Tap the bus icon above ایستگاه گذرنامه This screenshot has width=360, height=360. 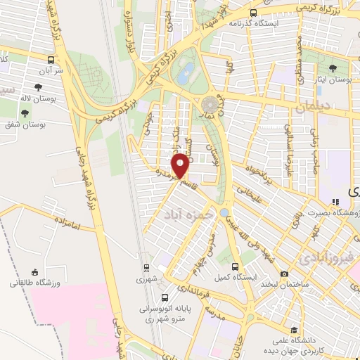(253, 12)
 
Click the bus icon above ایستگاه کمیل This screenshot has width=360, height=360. (236, 266)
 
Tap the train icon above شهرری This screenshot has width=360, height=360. (146, 267)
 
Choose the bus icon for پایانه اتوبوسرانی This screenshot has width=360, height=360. (165, 297)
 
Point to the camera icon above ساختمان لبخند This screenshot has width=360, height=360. (284, 274)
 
